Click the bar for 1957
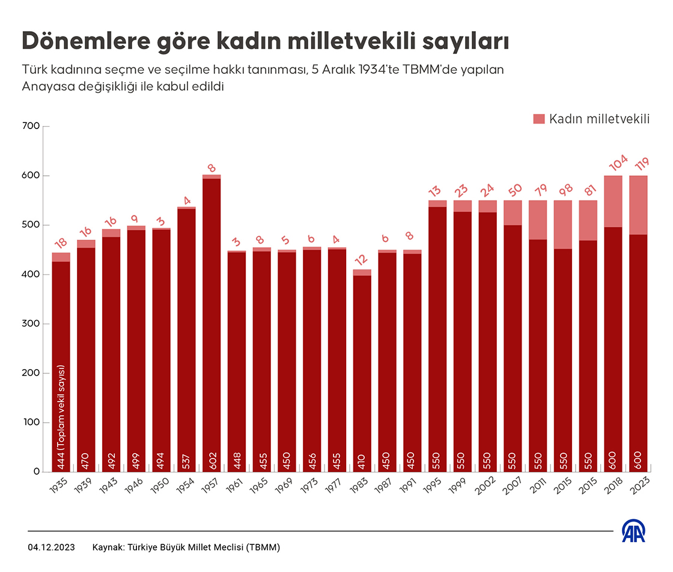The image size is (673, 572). pyautogui.click(x=212, y=324)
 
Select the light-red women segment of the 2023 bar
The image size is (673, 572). pyautogui.click(x=638, y=205)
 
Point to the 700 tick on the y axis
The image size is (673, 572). pyautogui.click(x=31, y=127)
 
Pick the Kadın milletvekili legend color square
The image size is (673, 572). pyautogui.click(x=538, y=119)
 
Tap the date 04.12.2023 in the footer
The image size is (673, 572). pyautogui.click(x=52, y=547)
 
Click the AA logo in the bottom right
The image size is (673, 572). pyautogui.click(x=633, y=531)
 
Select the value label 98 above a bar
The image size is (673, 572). pyautogui.click(x=562, y=188)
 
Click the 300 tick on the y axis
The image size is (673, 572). pyautogui.click(x=31, y=324)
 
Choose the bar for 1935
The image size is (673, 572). pyautogui.click(x=61, y=360)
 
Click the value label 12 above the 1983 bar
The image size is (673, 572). pyautogui.click(x=362, y=259)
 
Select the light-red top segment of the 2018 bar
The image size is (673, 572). pyautogui.click(x=613, y=201)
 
